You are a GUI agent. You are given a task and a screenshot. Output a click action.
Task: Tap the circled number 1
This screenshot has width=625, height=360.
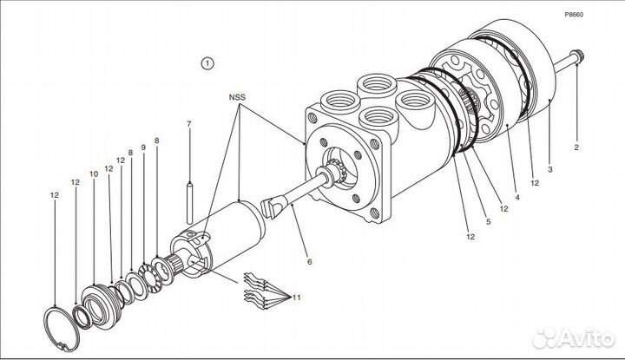[207, 62]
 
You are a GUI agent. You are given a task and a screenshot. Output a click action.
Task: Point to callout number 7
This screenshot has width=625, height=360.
[188, 124]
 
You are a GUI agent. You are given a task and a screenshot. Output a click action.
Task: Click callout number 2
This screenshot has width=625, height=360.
[575, 147]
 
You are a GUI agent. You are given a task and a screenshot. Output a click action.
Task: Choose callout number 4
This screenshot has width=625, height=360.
[517, 199]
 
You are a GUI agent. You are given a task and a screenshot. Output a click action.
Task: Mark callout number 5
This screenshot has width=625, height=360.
[488, 222]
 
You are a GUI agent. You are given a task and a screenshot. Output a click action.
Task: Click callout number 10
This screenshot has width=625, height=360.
[94, 173]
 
